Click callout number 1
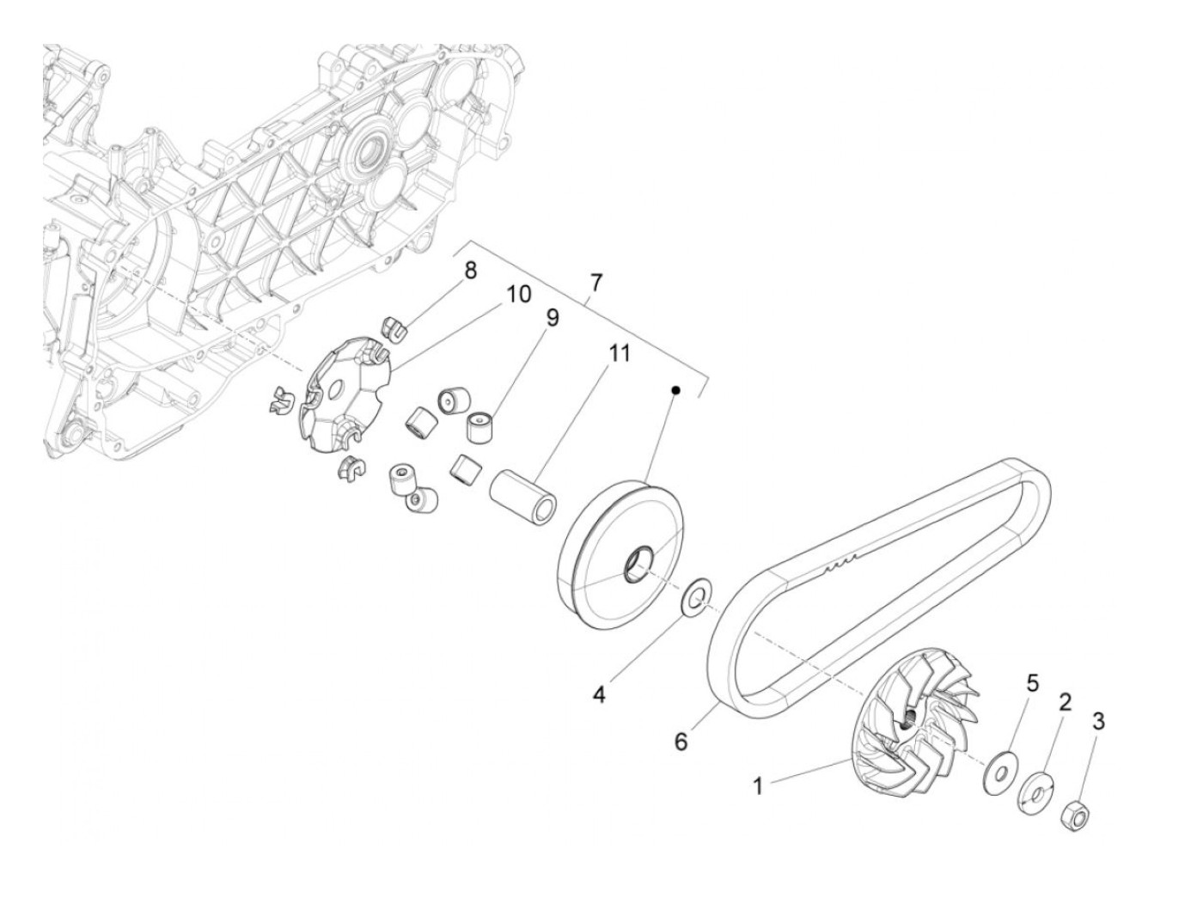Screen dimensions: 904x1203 (x=758, y=785)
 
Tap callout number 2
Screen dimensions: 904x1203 (x=1065, y=702)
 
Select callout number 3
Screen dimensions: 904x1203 (x=1098, y=721)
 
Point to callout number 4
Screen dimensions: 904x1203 (x=598, y=693)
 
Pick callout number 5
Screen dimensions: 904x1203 (x=1032, y=684)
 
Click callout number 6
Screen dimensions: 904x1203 (x=681, y=741)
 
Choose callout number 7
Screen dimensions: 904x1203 (x=595, y=282)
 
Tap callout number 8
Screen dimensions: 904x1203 (x=470, y=271)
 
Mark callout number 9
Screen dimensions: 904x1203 (x=551, y=319)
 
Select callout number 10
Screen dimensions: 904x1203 (x=518, y=296)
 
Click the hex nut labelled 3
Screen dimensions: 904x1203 (x=1075, y=814)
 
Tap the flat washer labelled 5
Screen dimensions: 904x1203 (x=999, y=769)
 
